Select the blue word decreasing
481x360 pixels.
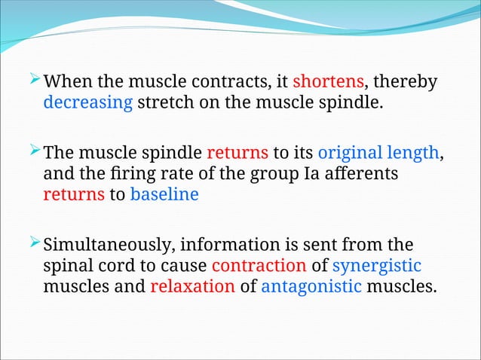(87, 102)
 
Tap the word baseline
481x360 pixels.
(164, 195)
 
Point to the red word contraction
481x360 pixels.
(259, 267)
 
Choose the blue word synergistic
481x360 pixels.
(376, 267)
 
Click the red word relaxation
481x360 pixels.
(192, 286)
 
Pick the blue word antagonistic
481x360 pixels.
(311, 286)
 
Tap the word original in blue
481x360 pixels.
(350, 153)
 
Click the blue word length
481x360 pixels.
(412, 153)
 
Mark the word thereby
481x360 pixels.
(406, 81)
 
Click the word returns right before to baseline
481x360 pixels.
(73, 195)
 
